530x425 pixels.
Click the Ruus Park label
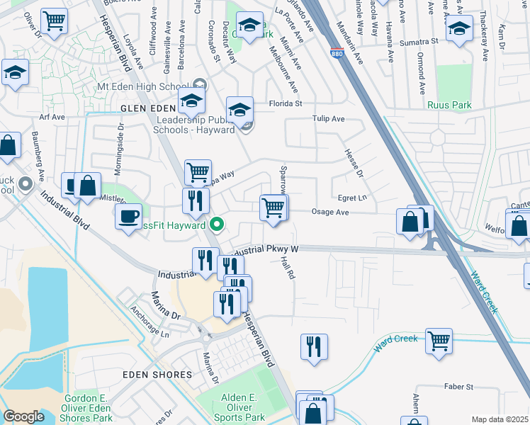coord(449,105)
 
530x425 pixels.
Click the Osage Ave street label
coord(330,212)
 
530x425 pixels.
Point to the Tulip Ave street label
coord(329,119)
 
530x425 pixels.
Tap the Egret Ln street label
coord(353,198)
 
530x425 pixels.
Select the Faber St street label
coord(458,387)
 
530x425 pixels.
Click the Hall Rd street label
coord(287,268)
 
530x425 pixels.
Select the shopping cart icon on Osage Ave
coord(274,207)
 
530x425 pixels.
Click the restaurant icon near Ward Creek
coord(314,346)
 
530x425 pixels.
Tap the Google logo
coord(23,416)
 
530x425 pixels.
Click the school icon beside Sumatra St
coord(459,29)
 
